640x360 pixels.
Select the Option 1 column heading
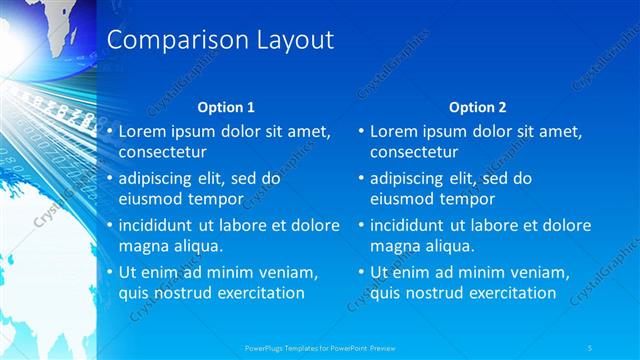tap(226, 106)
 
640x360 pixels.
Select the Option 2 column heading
tap(478, 106)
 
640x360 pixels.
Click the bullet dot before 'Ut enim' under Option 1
tap(109, 272)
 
